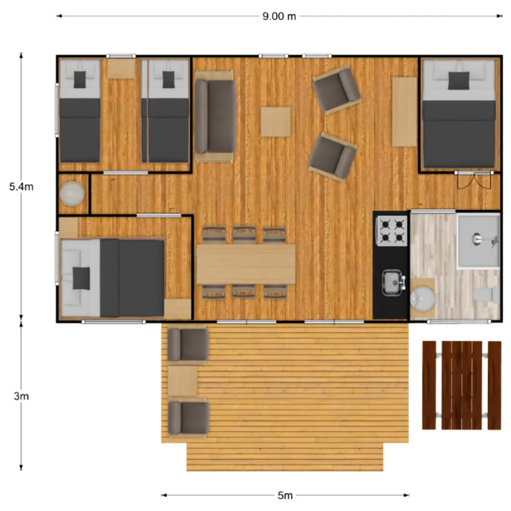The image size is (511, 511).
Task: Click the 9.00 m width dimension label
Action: pos(279,16)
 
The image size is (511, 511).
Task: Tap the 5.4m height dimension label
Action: pos(21,187)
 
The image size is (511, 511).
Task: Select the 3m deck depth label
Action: pos(21,396)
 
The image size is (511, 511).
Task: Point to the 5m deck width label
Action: pos(285,496)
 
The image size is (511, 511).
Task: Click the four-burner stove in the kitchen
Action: pos(392,231)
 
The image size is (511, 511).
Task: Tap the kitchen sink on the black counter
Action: pos(393,282)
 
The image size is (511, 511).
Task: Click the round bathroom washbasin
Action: pos(422,297)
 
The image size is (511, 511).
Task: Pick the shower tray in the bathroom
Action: pos(478,241)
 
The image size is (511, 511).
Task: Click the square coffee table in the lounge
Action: pos(275,122)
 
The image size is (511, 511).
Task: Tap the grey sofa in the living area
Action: pos(215,116)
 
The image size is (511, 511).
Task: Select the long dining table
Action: pos(246,264)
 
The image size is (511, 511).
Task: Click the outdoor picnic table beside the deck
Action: pos(462,385)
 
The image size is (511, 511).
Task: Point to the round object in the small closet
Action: pos(72,194)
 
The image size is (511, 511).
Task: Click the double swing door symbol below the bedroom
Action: pos(474,180)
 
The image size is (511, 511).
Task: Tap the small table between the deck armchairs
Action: pos(183,380)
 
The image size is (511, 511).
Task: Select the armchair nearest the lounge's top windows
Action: pos(336,89)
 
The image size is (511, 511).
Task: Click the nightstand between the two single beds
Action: pos(121,68)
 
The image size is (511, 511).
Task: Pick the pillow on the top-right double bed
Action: pos(459,81)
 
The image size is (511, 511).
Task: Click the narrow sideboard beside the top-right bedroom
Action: pos(405,112)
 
